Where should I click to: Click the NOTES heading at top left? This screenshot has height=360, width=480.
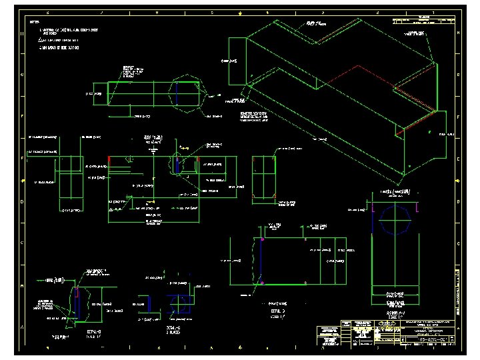click(x=34, y=21)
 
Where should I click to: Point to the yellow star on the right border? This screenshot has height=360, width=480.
click(x=458, y=181)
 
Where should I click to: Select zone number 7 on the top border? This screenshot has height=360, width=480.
click(x=102, y=13)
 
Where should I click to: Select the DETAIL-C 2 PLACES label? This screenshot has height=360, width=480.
click(x=172, y=331)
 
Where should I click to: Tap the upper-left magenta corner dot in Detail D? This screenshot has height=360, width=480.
click(x=263, y=238)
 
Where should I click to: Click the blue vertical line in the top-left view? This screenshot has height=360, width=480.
click(x=177, y=93)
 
